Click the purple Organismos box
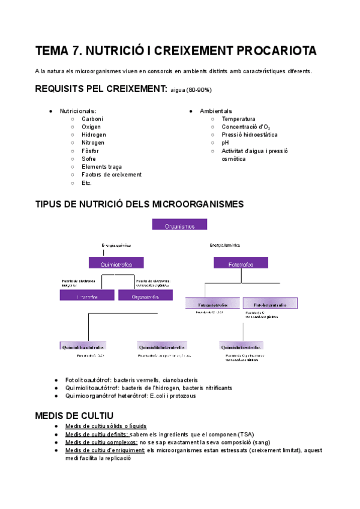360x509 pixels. pos(179,225)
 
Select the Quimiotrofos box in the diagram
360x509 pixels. pos(116,262)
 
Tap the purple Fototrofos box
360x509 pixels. pos(241,264)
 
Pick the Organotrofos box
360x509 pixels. pos(145,295)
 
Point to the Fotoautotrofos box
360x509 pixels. pos(213,304)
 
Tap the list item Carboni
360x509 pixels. pos(92,119)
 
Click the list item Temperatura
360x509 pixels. pos(238,119)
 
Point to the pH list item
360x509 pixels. pos(225,143)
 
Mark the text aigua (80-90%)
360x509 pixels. pos(191,91)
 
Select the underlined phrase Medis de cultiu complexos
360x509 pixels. pos(101,442)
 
